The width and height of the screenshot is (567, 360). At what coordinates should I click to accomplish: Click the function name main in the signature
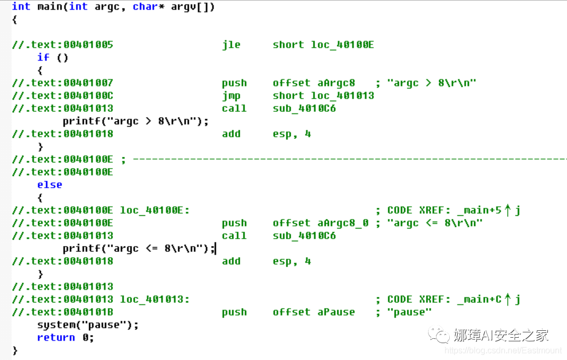50,6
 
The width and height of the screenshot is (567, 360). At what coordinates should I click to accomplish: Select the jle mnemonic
231,45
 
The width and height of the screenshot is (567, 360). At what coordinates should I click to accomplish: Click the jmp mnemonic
231,95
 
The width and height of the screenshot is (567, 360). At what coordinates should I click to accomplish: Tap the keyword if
43,57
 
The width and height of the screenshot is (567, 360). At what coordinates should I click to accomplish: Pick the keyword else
49,185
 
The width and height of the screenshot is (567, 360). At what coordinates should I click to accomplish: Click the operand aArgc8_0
343,223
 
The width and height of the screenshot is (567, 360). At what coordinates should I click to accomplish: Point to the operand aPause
336,312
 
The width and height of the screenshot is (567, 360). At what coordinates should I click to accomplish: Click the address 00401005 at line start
88,45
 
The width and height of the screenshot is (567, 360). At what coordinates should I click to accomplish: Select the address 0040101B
88,312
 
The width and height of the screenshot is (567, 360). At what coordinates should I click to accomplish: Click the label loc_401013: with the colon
155,299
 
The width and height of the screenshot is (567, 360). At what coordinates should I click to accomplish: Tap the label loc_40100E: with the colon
155,210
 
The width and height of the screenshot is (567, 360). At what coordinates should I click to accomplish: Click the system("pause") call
88,324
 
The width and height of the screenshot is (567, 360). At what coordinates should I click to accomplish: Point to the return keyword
56,337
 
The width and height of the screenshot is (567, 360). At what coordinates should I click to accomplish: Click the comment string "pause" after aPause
409,312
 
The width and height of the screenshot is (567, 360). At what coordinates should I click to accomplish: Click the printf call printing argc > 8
135,121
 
